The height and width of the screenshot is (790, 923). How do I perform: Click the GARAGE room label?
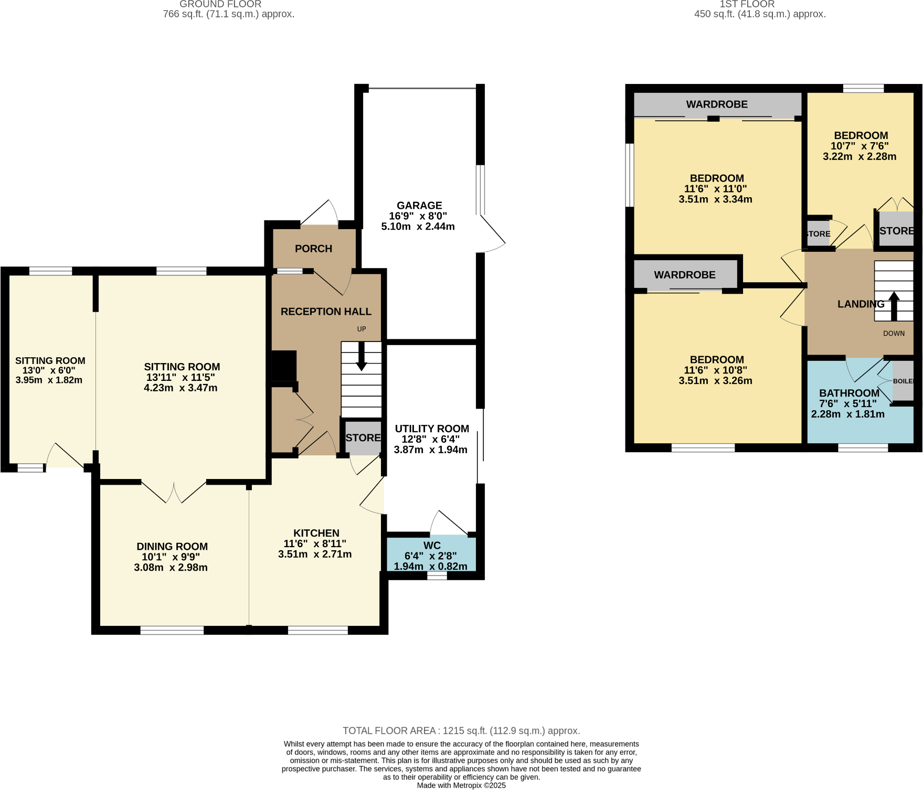click(419, 206)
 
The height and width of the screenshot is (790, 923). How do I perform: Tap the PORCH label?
click(313, 249)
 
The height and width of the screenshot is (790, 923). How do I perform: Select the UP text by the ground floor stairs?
click(362, 329)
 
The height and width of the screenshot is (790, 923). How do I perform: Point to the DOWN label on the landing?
click(894, 333)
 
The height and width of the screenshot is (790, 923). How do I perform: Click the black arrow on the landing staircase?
click(894, 306)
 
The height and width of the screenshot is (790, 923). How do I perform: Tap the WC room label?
click(432, 546)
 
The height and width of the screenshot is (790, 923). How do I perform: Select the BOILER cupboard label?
click(903, 381)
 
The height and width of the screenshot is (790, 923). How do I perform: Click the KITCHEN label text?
click(316, 533)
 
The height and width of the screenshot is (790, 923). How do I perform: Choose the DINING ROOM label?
click(172, 547)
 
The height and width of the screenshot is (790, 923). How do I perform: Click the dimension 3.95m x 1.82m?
click(49, 380)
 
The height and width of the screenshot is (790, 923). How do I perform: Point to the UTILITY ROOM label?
click(432, 429)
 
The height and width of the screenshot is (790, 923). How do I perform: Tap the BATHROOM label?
click(849, 393)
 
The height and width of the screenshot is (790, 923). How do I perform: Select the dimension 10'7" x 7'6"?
click(860, 146)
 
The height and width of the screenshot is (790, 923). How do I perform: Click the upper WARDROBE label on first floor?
click(717, 104)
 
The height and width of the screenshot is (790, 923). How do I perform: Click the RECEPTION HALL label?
click(326, 312)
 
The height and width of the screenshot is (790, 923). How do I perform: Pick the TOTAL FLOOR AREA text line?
click(461, 731)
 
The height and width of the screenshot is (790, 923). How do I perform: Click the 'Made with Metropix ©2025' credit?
click(461, 785)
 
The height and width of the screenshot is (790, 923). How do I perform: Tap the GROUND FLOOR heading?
click(220, 4)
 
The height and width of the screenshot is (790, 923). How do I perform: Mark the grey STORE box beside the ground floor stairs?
click(363, 438)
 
